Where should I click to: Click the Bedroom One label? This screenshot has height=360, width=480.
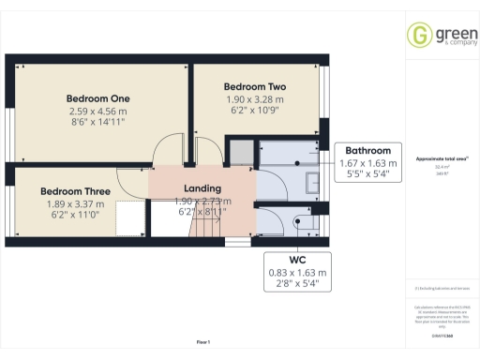click(97, 98)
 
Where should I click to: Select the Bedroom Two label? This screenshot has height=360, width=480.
click(255, 87)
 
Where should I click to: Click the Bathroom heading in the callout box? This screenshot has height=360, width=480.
click(367, 150)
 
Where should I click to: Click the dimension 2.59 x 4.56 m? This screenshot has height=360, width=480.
click(97, 111)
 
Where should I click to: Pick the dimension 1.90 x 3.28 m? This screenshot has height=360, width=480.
click(255, 99)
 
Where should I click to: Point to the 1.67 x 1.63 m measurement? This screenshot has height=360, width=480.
click(367, 162)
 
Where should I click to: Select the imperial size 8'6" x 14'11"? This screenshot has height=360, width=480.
click(97, 122)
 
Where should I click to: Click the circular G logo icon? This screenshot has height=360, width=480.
click(418, 35)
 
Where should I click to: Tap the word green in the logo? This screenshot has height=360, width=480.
click(446, 32)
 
